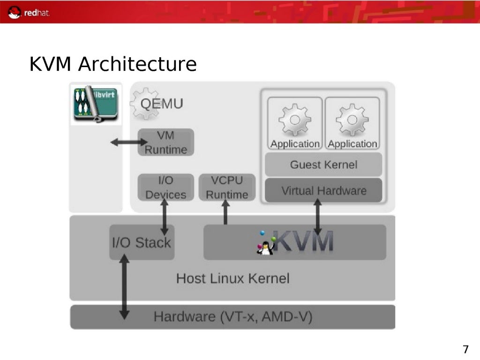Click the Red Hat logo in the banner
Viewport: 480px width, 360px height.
29,12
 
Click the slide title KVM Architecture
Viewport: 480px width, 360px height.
113,64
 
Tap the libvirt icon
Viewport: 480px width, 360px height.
96,103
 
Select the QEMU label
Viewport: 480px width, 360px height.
162,104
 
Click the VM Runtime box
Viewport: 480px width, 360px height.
165,142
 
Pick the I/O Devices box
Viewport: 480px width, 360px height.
165,187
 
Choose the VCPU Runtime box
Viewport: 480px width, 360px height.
227,187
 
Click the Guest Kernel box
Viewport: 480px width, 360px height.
323,165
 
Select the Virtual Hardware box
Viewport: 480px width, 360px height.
323,191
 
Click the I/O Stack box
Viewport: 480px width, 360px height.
142,242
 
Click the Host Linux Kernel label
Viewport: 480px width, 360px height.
232,278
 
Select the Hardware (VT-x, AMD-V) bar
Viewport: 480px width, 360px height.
232,317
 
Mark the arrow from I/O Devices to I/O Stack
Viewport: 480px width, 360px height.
164,217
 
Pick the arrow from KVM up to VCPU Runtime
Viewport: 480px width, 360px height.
225,212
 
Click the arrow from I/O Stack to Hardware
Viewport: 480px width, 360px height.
124,286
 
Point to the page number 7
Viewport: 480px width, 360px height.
465,349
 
